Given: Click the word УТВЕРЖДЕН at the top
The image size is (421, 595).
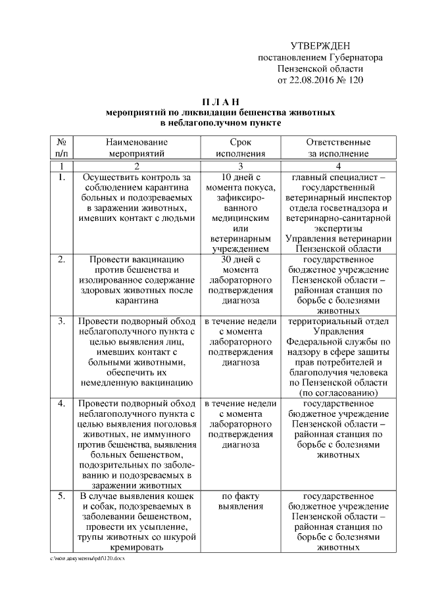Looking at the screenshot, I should [x=320, y=45].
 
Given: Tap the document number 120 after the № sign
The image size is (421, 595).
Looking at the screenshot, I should [x=355, y=80].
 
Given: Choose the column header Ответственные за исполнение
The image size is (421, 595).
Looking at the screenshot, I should [x=338, y=148].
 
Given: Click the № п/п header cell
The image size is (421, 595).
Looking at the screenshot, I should [x=61, y=148].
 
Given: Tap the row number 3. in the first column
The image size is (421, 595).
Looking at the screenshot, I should [x=61, y=321].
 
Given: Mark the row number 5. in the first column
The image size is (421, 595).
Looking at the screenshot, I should [x=61, y=495].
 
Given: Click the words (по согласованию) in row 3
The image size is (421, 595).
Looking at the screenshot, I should [x=338, y=393].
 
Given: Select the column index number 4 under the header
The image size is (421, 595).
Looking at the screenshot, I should [x=338, y=166].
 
